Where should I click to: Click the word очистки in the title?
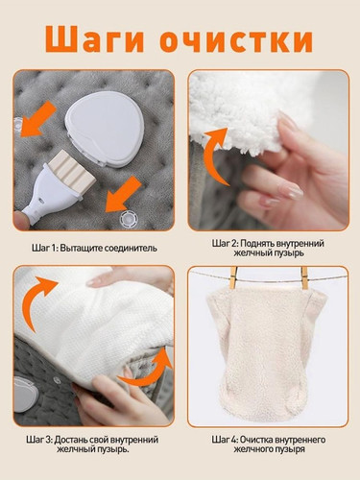[236, 40]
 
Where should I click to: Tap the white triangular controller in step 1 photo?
[101, 129]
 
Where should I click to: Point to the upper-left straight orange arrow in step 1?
[38, 119]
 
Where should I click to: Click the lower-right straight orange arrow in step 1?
[124, 195]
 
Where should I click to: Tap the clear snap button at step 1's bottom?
[130, 219]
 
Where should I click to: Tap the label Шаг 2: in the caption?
[225, 244]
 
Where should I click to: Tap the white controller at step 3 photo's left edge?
[26, 395]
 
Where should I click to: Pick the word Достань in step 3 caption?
[70, 440]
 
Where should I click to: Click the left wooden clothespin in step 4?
[234, 277]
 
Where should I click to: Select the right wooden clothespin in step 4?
[304, 277]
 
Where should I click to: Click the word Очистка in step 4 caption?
[256, 440]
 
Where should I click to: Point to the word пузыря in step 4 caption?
[291, 449]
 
